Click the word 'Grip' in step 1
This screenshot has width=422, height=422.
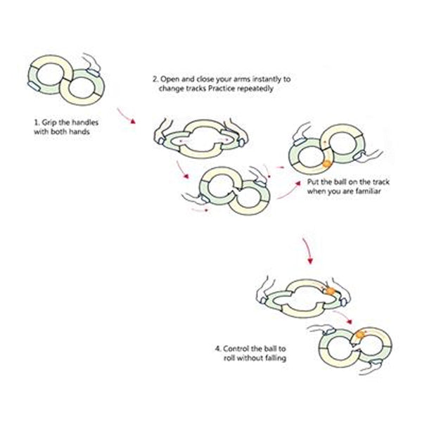coord(49,123)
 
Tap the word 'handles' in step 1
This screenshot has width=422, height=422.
coord(85,122)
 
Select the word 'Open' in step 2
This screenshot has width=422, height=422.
coord(170,79)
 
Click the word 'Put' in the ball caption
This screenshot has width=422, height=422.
coord(314,182)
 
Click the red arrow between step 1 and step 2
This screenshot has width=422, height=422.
coord(126,116)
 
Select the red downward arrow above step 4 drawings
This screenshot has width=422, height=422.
coord(307,250)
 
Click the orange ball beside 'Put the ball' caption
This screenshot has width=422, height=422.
coord(327,164)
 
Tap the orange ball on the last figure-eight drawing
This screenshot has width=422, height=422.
coord(360,335)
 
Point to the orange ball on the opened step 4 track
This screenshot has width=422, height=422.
coord(331,291)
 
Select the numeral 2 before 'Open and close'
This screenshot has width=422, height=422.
coord(155,79)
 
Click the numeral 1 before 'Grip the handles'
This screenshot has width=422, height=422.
coord(37,123)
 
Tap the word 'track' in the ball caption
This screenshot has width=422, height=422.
coord(381,182)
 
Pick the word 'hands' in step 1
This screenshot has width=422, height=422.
coord(79,132)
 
